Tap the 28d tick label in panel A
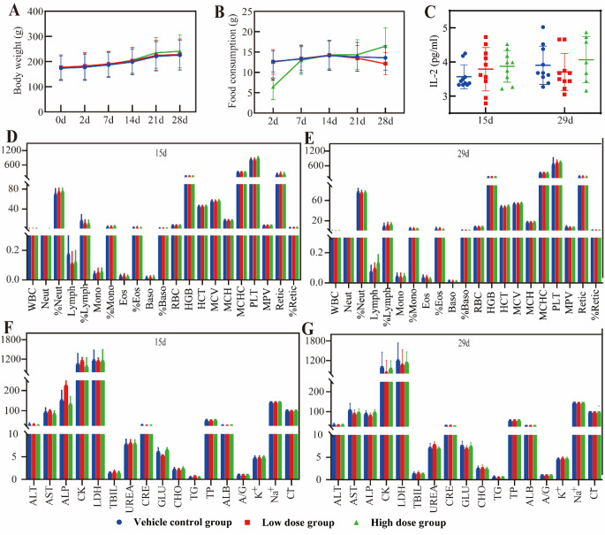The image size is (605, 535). point(178,120)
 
